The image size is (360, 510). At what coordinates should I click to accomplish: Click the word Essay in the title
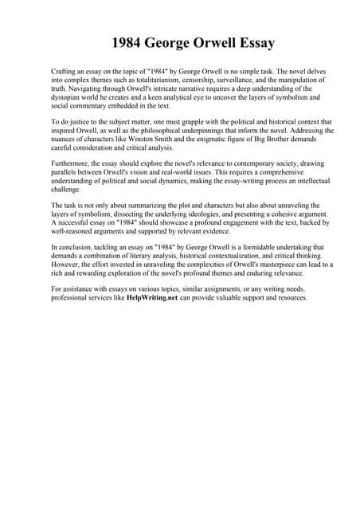click(254, 42)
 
